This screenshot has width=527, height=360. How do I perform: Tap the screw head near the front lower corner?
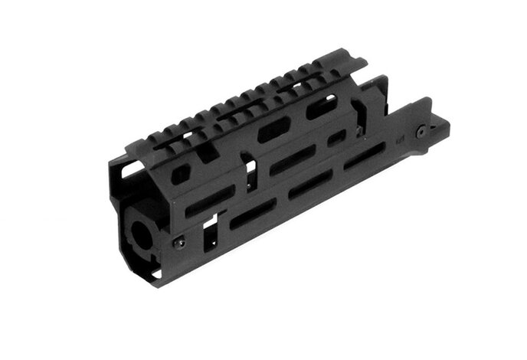click(x=179, y=243)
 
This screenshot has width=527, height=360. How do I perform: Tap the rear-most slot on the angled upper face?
click(x=320, y=108)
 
